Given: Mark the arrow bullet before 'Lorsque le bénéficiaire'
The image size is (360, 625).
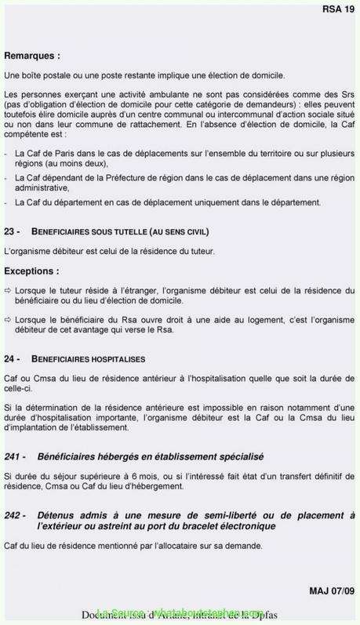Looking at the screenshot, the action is point(8,320).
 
